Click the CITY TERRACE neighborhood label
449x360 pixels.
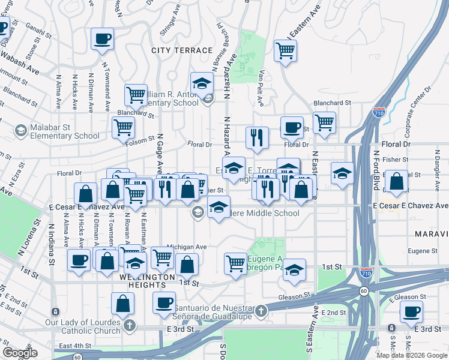click(x=182, y=51)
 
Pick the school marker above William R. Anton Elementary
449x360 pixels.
click(x=202, y=83)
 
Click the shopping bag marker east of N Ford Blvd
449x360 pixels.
click(x=396, y=181)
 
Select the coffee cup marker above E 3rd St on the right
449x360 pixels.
click(x=412, y=311)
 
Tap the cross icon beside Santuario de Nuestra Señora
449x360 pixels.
click(x=261, y=311)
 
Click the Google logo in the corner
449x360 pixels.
click(x=20, y=352)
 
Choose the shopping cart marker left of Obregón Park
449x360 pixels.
click(x=235, y=263)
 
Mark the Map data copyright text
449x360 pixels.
click(x=412, y=355)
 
